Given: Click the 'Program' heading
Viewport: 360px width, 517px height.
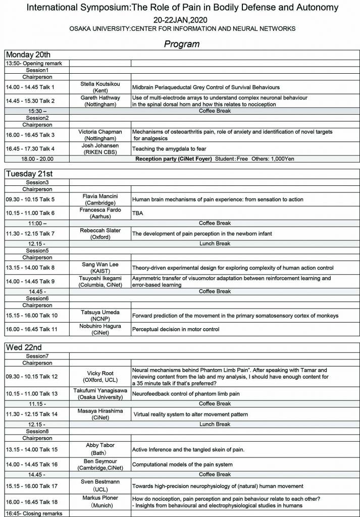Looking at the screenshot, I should pos(181,44).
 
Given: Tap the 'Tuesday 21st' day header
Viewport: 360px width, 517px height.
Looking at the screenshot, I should pos(30,174).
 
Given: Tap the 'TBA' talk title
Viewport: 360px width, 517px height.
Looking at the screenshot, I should pos(138,213).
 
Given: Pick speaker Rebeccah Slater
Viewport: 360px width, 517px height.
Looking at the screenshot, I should pos(100,230).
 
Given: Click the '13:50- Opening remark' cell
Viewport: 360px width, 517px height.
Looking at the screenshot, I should pos(34,64).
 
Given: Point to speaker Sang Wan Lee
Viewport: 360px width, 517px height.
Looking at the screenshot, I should pos(100,264).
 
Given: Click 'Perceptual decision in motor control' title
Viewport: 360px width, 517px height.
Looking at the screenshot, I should pos(176,330).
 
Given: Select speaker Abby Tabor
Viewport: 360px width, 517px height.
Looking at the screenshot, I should pos(100,445).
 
